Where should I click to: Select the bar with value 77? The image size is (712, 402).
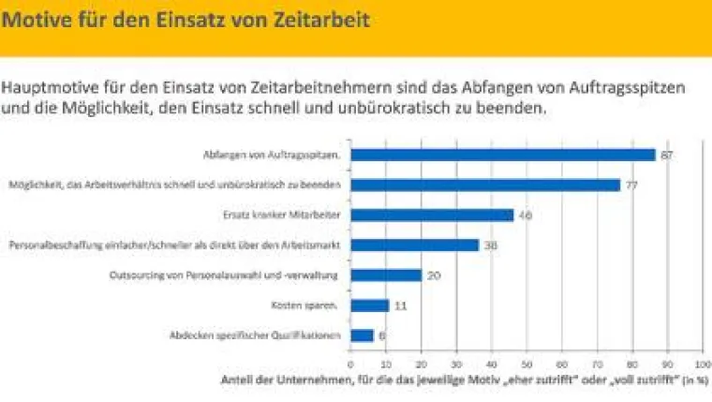(x=484, y=186)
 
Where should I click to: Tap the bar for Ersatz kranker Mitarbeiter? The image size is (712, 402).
(x=431, y=216)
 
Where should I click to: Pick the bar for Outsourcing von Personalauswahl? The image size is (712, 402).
(x=385, y=275)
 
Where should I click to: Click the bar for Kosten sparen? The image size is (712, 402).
(x=369, y=305)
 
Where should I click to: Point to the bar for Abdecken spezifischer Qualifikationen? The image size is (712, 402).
(x=362, y=335)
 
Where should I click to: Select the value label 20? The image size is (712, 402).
(x=433, y=275)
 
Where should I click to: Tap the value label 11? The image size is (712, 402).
(x=401, y=305)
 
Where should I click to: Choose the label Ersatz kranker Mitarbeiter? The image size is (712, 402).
(x=292, y=216)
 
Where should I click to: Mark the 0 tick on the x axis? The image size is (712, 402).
(x=350, y=363)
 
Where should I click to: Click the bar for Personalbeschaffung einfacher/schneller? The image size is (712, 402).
(x=414, y=246)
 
